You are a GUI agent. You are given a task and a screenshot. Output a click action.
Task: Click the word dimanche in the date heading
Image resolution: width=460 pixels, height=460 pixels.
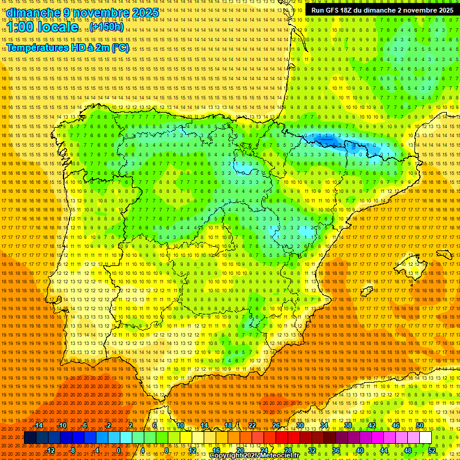click(x=34, y=13)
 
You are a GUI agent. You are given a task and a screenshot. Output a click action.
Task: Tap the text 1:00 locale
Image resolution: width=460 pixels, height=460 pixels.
click(x=43, y=27)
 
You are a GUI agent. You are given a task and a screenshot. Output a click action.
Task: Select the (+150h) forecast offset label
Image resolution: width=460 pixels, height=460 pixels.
click(x=107, y=27)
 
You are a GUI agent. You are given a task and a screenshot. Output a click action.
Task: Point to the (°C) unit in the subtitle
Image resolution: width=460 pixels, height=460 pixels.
click(x=120, y=48)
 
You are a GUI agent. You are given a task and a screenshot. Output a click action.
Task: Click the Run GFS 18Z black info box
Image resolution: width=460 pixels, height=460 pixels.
click(x=382, y=10)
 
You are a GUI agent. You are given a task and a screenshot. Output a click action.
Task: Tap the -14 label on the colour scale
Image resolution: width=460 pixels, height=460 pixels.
click(x=38, y=425)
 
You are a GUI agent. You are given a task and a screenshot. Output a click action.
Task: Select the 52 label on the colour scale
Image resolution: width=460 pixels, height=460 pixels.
click(x=432, y=450)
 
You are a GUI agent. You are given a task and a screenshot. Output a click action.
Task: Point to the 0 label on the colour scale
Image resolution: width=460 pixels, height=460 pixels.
click(x=119, y=450)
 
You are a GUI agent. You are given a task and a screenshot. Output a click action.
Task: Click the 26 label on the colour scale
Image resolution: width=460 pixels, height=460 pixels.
click(x=276, y=425)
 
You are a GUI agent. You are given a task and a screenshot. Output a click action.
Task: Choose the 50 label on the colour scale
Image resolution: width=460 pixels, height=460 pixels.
click(x=420, y=425)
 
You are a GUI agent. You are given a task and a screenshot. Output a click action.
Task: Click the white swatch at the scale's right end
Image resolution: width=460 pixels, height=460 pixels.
click(x=426, y=438)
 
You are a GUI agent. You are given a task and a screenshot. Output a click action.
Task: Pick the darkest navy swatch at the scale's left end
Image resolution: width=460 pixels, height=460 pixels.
click(x=30, y=438)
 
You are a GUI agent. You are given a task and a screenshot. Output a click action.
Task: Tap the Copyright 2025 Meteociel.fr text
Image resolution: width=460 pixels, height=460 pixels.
click(x=254, y=456)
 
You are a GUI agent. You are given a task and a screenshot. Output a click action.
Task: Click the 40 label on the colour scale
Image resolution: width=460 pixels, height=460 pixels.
click(x=360, y=450)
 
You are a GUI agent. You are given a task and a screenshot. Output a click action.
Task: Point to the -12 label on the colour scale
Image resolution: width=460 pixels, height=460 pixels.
click(x=50, y=450)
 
